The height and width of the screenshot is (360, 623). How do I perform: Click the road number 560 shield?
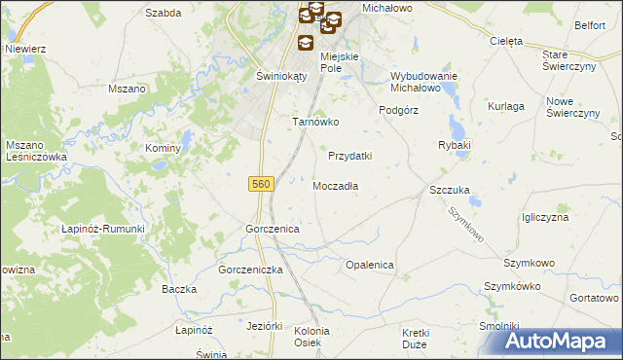click(260, 184)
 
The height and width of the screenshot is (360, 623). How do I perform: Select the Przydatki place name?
click(350, 156)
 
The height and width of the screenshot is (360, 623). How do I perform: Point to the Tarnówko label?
click(315, 123)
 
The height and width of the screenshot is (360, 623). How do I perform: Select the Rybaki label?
click(455, 145)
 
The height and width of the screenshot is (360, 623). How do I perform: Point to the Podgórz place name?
click(398, 110)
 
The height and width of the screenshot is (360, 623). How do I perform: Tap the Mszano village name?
click(126, 88)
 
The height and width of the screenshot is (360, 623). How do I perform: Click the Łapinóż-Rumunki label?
click(103, 229)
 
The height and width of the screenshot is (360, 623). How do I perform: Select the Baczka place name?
click(179, 289)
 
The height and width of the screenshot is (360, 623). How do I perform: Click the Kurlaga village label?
click(506, 105)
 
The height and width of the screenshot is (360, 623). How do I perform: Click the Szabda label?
click(163, 13)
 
